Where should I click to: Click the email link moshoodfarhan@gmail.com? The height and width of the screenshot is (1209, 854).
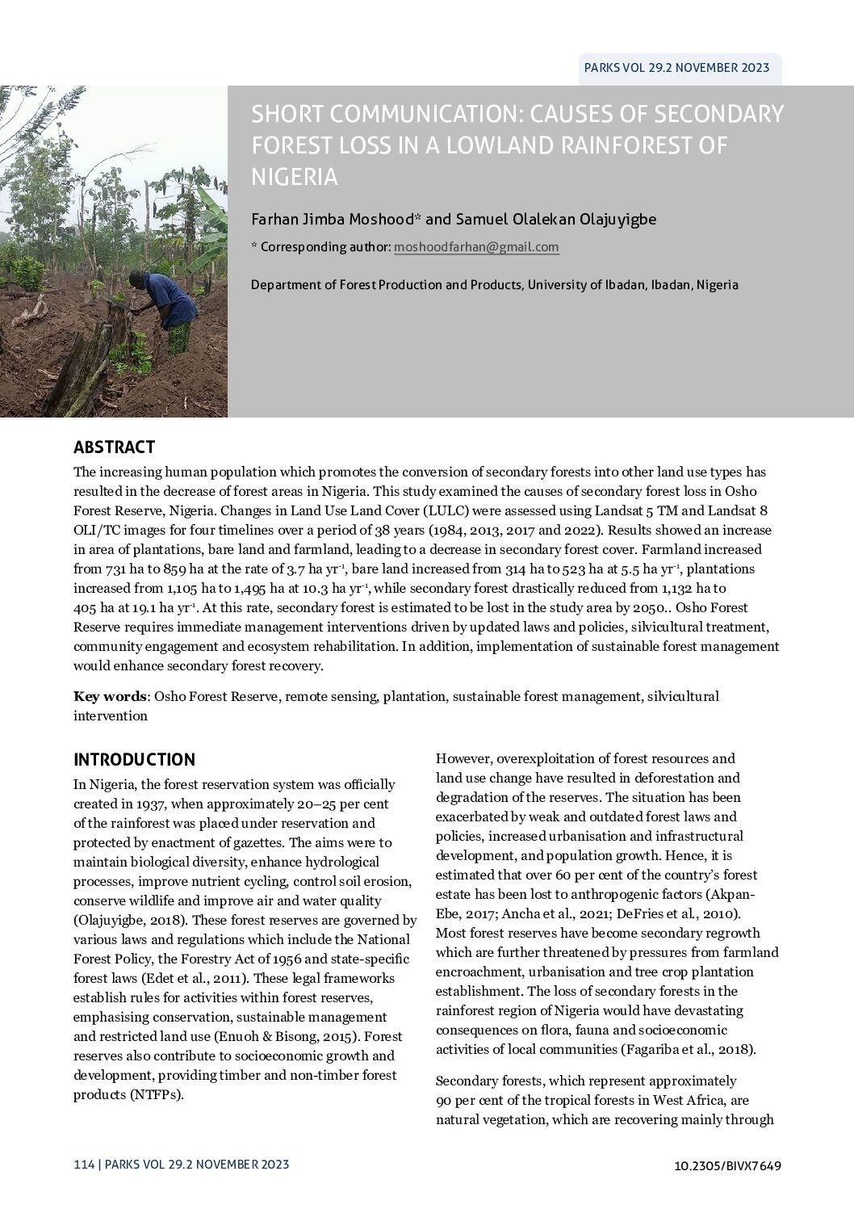coord(476,247)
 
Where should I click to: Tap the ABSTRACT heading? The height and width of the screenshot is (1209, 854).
coord(114,447)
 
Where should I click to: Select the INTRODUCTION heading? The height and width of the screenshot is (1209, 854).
coord(134,760)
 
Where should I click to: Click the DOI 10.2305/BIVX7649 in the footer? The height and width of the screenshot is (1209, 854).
coord(727,1165)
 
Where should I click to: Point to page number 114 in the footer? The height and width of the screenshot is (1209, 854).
coord(83,1165)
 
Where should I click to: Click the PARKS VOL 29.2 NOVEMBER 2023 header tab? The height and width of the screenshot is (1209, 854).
coord(676,69)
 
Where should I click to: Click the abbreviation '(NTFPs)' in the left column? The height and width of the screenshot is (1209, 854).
coord(153,1094)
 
